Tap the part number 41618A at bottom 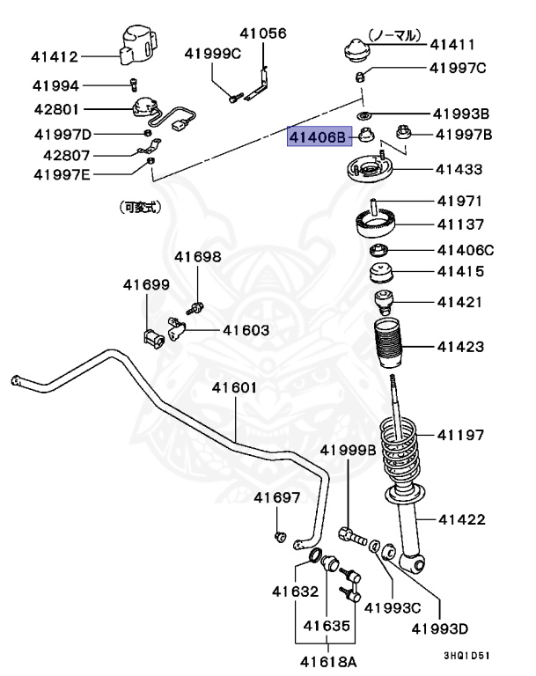(327, 660)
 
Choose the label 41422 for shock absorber (461, 519)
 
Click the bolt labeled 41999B (350, 532)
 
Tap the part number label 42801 (56, 110)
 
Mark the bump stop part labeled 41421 (384, 302)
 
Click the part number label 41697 (277, 497)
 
